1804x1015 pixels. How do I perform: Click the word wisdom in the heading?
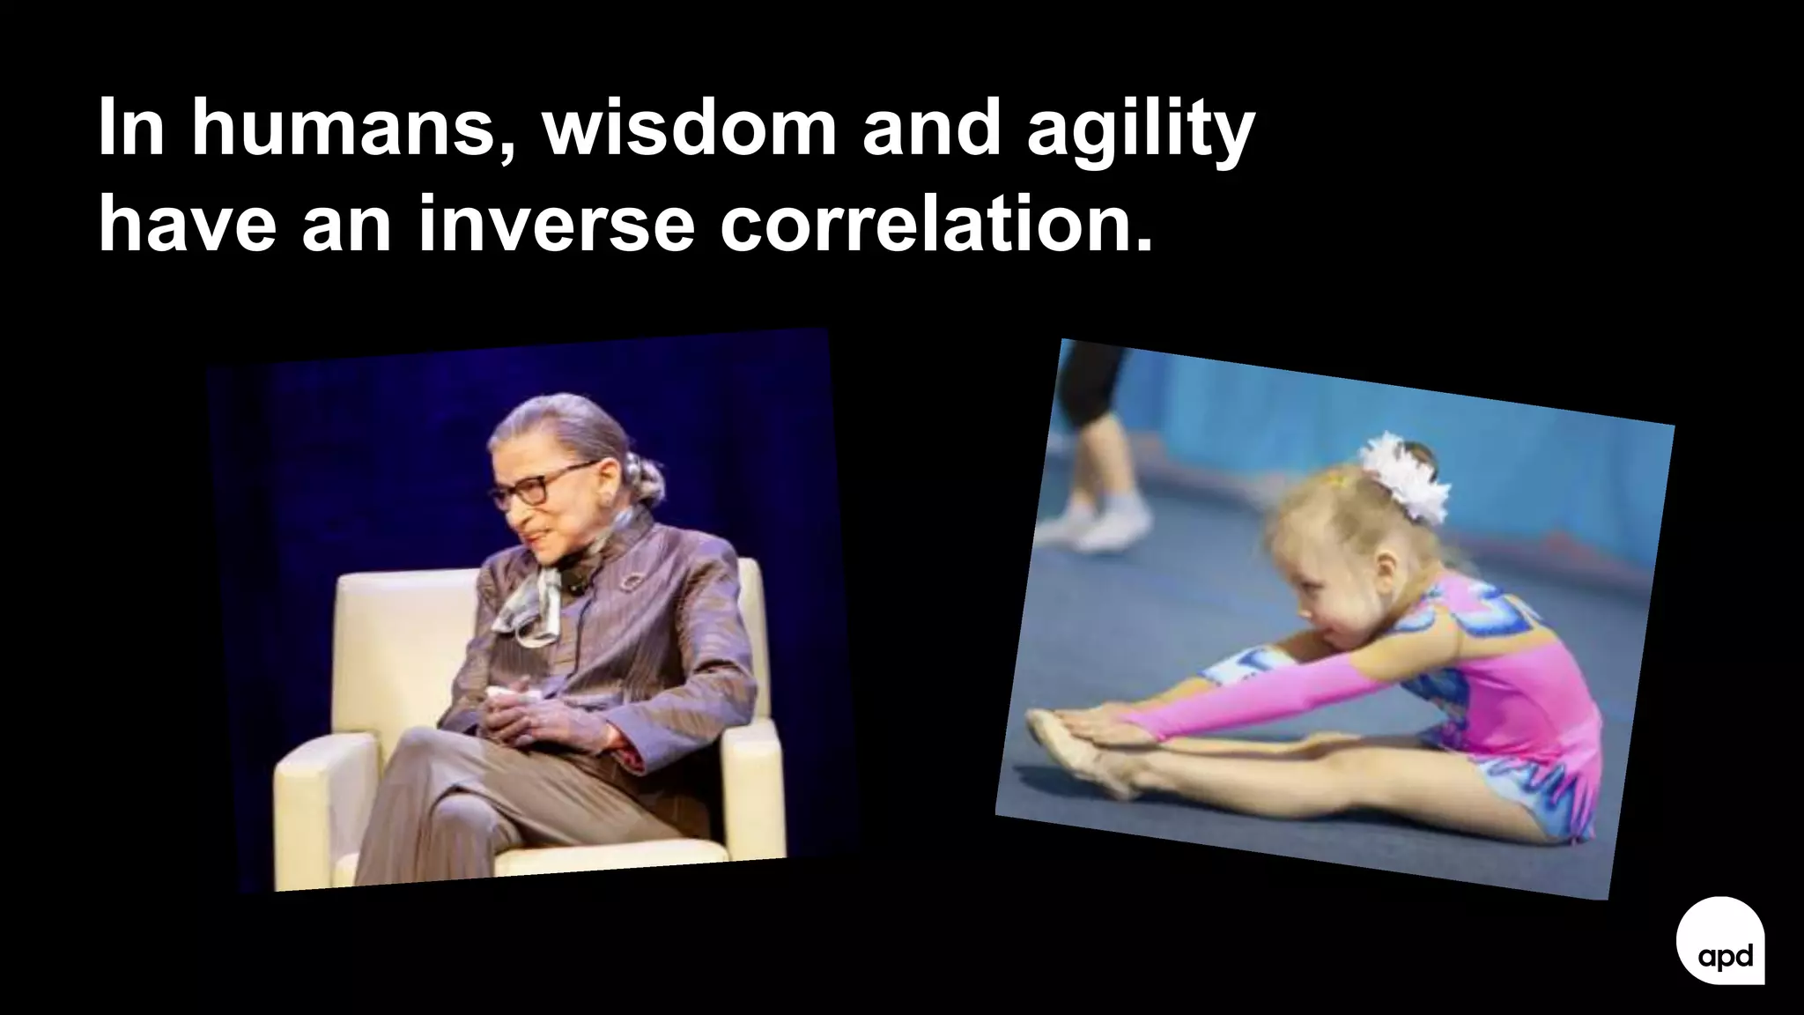click(687, 130)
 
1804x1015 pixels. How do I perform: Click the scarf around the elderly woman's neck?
click(533, 599)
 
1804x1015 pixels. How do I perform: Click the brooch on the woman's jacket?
click(632, 583)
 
